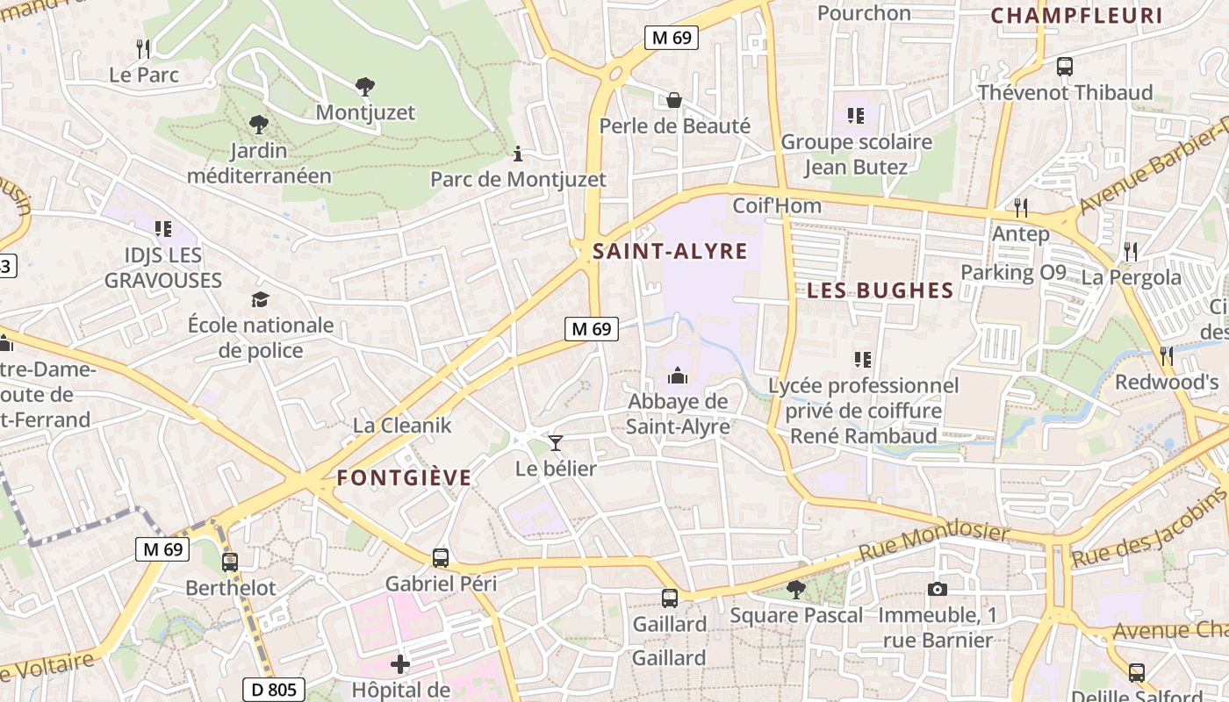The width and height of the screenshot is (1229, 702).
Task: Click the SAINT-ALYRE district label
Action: coord(670,252)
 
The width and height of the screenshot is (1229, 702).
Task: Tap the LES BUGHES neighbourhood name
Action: coord(880,290)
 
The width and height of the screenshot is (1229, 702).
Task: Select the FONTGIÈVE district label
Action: coord(404,478)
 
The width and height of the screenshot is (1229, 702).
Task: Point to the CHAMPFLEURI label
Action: coord(1076,15)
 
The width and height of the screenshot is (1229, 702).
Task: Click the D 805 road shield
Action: coord(274,690)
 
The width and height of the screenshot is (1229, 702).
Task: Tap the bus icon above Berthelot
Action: coord(230,562)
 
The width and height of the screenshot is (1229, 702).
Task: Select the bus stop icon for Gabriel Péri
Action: coord(441,557)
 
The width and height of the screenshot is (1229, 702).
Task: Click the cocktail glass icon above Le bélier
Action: coord(555,442)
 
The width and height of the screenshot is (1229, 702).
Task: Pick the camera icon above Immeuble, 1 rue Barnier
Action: coord(938,589)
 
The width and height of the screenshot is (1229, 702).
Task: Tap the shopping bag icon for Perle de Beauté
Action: coord(674,100)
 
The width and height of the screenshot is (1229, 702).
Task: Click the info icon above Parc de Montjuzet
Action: coord(518,154)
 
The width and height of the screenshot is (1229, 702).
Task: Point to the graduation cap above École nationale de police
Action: coord(260,300)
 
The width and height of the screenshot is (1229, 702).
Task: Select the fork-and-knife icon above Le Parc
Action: coord(143,48)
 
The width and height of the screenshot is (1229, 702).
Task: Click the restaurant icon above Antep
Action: coord(1020,208)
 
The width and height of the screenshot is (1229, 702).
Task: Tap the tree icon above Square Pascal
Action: coord(796,589)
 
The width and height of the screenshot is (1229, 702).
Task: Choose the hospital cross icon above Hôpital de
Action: coord(400,664)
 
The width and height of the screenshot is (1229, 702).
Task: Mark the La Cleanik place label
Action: coord(402,426)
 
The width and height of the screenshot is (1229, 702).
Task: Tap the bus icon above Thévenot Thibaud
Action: coord(1065,66)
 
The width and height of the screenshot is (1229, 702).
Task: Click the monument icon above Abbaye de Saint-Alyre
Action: coord(678,376)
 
